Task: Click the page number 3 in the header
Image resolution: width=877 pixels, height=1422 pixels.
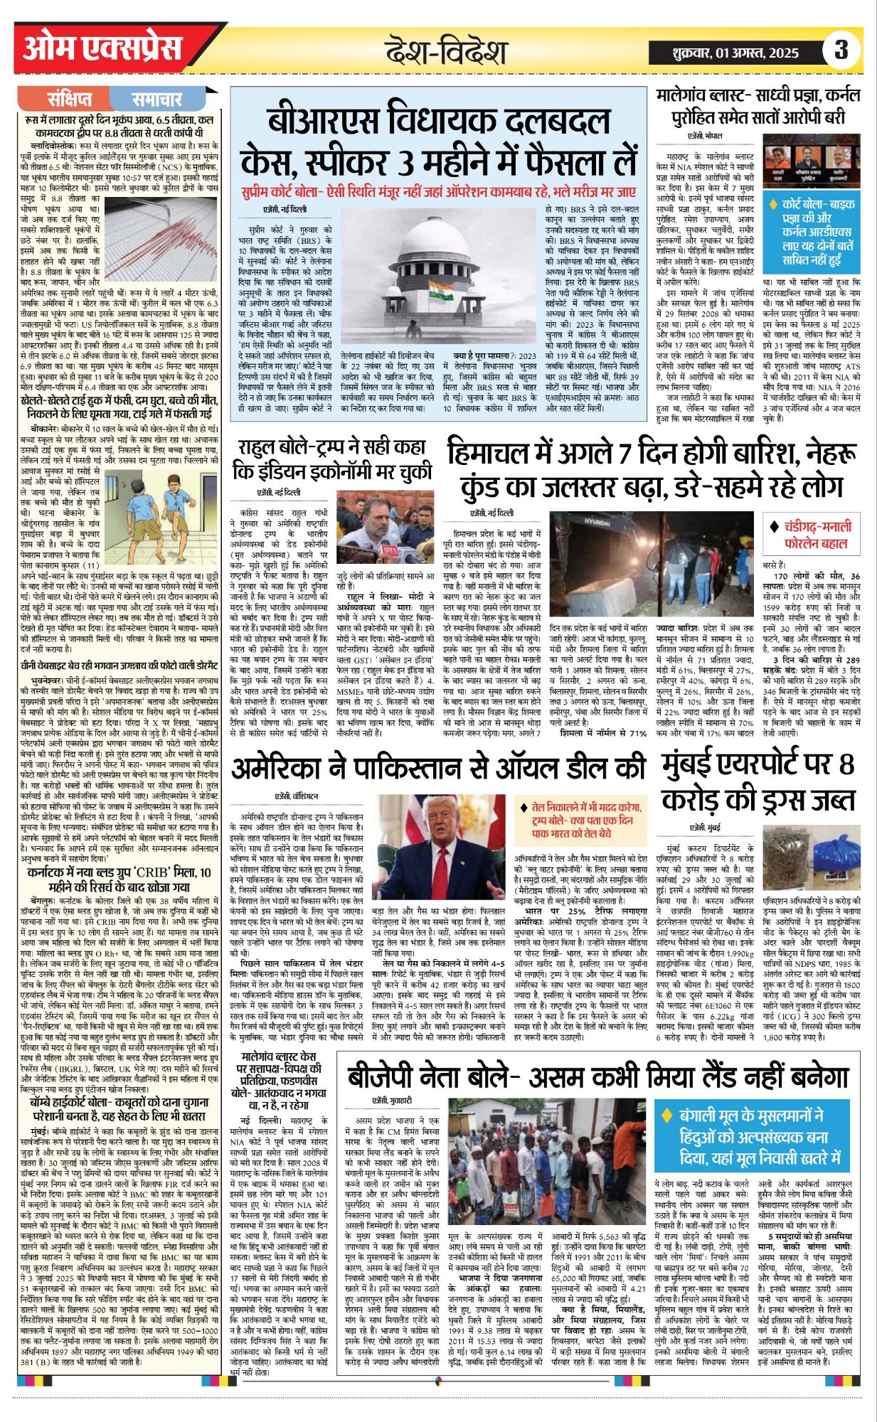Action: [x=841, y=50]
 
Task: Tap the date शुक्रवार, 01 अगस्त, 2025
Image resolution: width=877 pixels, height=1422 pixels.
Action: [x=735, y=53]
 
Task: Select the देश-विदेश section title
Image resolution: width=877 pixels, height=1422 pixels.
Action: [x=446, y=52]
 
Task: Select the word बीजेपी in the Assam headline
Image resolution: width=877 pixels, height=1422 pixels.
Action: [x=388, y=1076]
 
